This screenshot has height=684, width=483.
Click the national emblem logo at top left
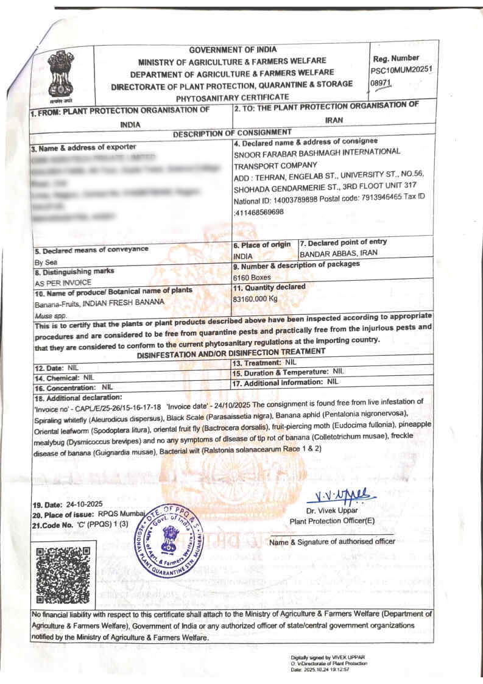[x=60, y=76]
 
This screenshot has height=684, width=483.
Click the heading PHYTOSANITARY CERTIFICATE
[x=232, y=97]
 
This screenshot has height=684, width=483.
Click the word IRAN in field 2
[x=334, y=120]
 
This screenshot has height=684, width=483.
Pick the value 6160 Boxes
[x=252, y=277]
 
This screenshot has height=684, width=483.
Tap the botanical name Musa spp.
[x=49, y=316]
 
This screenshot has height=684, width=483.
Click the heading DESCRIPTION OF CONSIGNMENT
[x=232, y=133]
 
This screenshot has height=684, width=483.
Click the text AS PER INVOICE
[x=63, y=283]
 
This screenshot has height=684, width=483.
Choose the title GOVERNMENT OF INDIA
[x=232, y=50]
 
